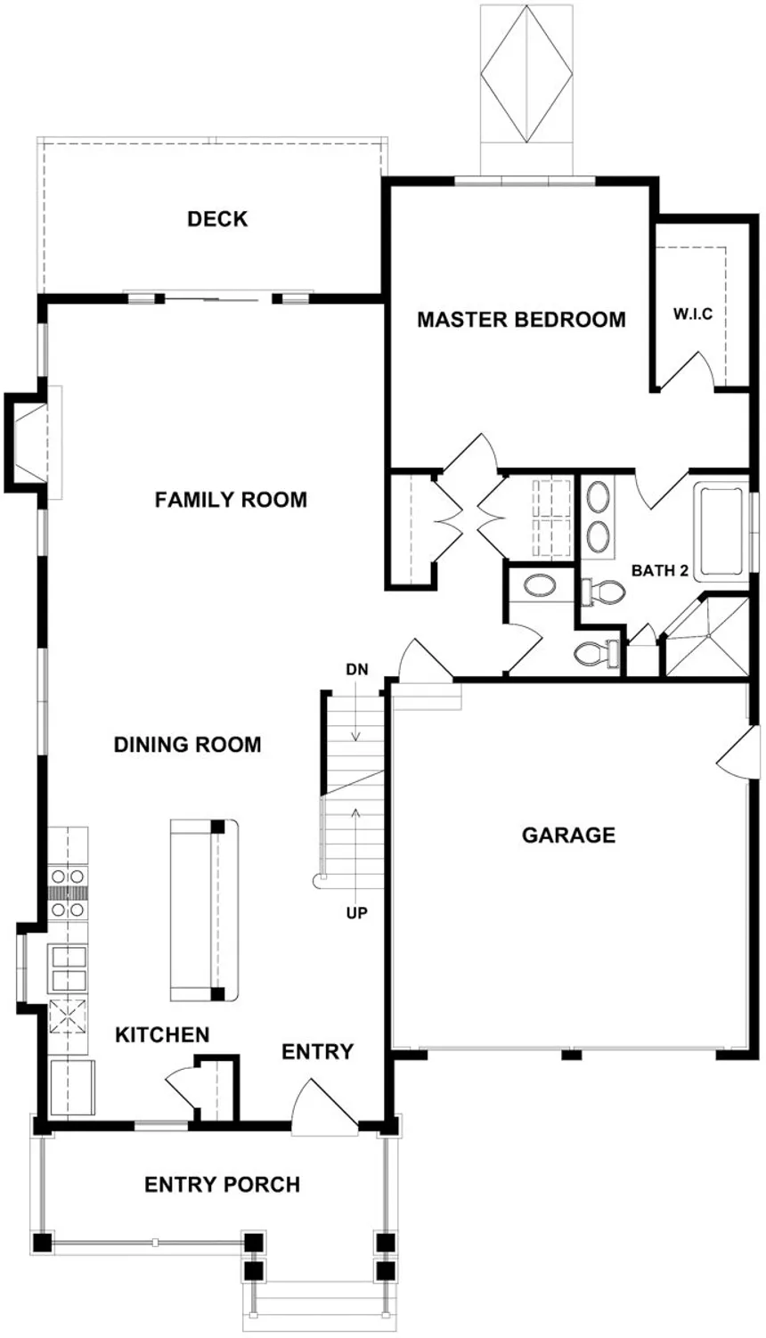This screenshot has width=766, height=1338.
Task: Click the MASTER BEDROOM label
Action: pos(521,319)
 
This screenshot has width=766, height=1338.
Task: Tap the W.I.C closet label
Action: pos(692,314)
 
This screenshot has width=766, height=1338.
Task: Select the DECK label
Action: pos(217,219)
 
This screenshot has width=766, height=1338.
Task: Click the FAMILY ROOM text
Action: pos(231,500)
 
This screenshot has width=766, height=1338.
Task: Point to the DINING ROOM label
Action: pos(188,745)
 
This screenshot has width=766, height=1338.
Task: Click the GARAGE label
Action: pos(568,836)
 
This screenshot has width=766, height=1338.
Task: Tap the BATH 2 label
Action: pos(660,571)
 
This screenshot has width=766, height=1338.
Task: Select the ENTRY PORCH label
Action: pos(222,1185)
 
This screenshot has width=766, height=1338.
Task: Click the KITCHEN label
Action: pos(162,1035)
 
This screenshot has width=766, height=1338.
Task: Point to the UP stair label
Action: pos(356,913)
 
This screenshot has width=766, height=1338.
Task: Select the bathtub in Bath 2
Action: pos(722,531)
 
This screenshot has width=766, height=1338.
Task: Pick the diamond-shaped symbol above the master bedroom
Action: pos(526,71)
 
